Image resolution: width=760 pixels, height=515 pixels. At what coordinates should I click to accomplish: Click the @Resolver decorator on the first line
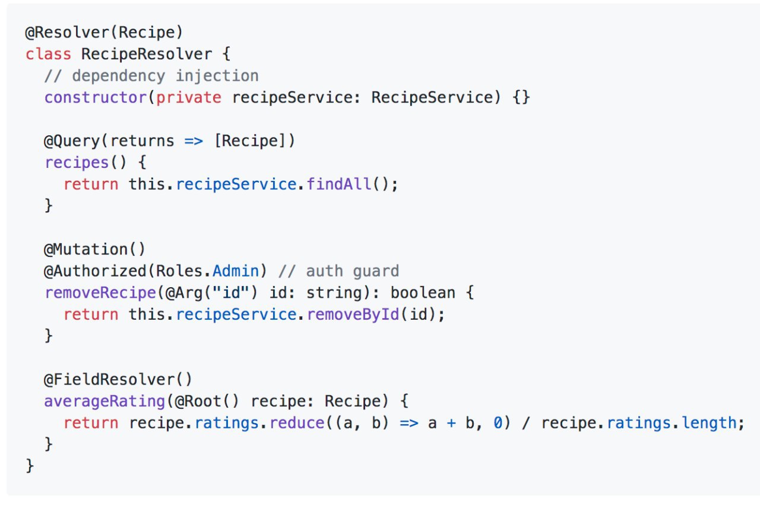point(67,33)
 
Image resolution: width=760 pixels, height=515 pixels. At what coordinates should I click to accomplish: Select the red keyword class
point(48,54)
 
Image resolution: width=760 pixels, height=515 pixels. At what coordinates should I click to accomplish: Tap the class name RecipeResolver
point(147,54)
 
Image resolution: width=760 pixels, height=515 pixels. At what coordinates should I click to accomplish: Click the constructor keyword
point(96,98)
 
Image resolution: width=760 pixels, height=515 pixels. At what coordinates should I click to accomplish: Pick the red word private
point(189,98)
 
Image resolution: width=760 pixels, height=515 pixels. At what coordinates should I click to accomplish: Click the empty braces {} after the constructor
point(521,98)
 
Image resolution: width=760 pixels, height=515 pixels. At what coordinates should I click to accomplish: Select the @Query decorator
point(72,141)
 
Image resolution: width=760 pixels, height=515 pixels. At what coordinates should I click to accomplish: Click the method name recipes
point(77,163)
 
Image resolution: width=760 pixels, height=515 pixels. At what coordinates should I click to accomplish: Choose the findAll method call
point(339,185)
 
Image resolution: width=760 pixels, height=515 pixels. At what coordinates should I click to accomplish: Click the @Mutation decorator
point(85,250)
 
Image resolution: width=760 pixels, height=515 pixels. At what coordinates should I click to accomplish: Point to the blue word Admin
point(236,271)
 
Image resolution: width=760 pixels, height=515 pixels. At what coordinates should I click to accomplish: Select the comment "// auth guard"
point(338,272)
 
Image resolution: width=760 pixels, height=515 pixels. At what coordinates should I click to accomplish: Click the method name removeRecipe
point(100,293)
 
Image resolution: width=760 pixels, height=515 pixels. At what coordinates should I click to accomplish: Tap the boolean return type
point(423,293)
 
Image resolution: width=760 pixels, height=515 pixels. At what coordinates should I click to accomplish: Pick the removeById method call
point(353,315)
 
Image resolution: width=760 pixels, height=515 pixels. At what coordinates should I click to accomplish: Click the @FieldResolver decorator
point(109,380)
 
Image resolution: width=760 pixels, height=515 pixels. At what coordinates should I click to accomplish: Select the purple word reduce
point(297,423)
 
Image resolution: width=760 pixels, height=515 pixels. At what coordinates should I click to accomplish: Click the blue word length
point(709,424)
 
